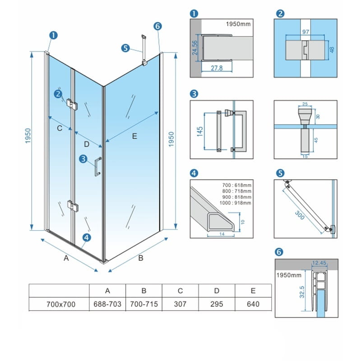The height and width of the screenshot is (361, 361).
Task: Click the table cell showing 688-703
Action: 107,304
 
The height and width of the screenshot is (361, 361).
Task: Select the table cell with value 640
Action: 253,304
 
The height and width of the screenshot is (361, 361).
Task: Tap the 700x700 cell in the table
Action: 61,304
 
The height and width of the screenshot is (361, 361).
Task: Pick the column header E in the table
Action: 253,291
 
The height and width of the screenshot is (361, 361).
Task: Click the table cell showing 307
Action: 180,304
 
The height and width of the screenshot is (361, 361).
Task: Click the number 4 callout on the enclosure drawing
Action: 87,237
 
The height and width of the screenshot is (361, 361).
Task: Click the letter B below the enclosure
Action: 140,259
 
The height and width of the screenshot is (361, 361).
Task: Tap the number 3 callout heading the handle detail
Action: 194,94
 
